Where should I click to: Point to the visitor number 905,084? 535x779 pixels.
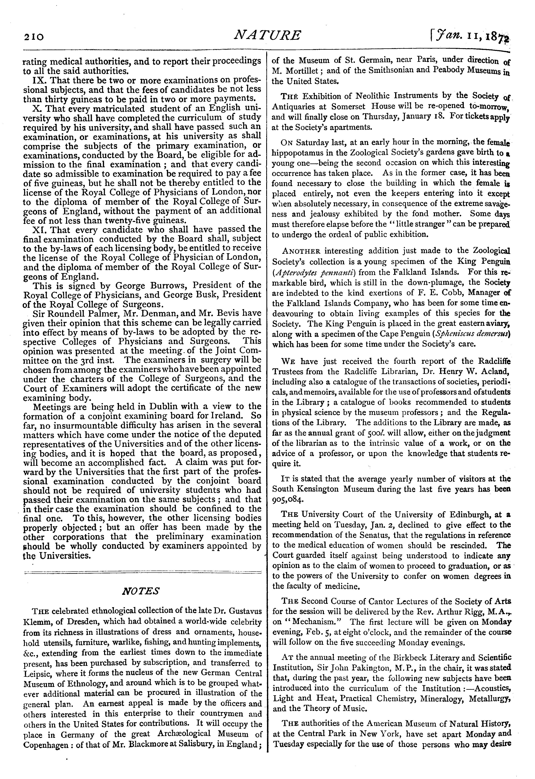[288, 499]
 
